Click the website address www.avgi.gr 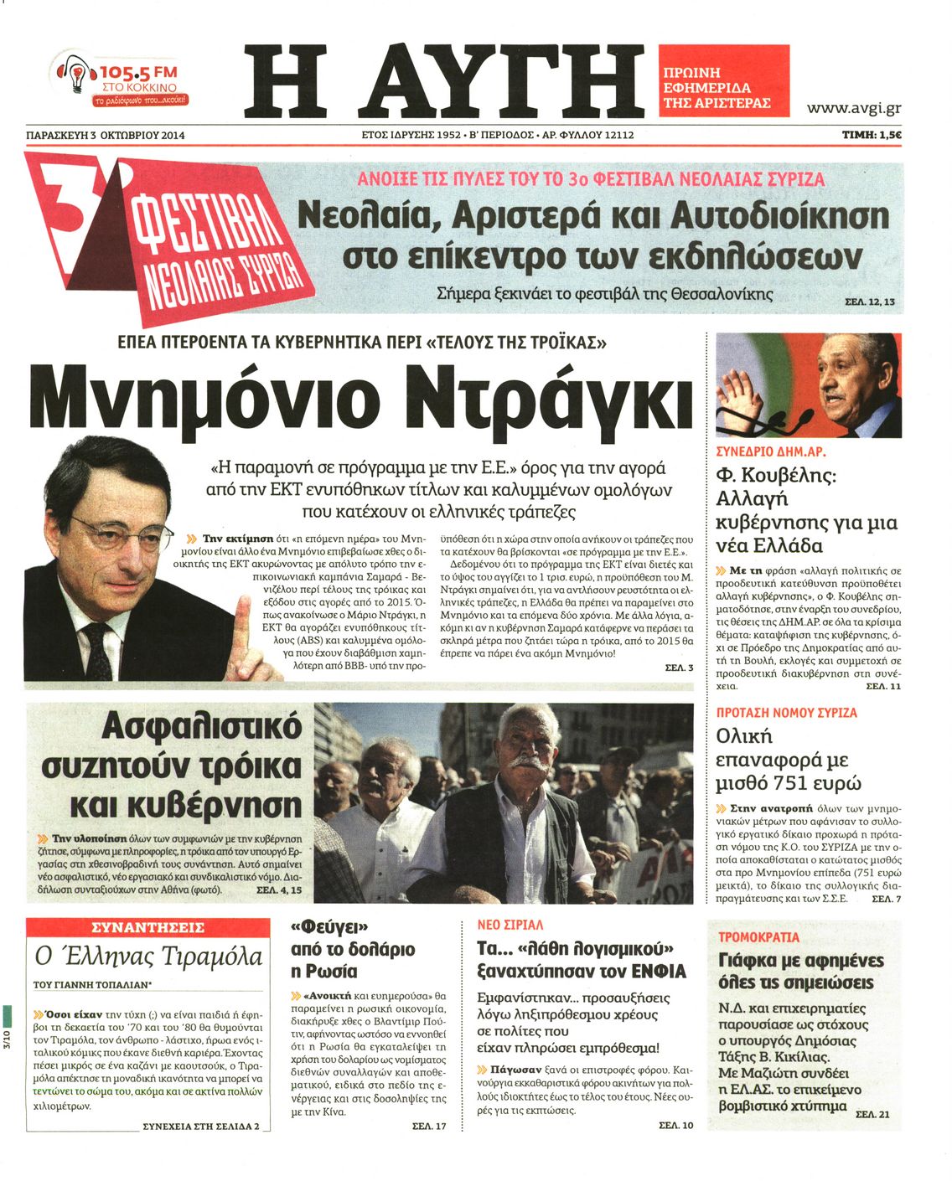pyautogui.click(x=853, y=108)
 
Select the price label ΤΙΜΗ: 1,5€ pyautogui.click(x=872, y=134)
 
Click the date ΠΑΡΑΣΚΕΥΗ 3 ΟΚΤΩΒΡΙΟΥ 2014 pyautogui.click(x=106, y=135)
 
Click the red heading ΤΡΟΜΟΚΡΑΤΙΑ pyautogui.click(x=758, y=937)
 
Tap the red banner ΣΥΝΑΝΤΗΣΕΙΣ pyautogui.click(x=147, y=928)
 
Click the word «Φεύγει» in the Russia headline pyautogui.click(x=330, y=927)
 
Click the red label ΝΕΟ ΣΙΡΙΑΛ pyautogui.click(x=510, y=925)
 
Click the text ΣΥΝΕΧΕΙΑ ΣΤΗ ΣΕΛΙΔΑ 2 pyautogui.click(x=201, y=1127)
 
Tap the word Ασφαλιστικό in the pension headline pyautogui.click(x=201, y=727)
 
